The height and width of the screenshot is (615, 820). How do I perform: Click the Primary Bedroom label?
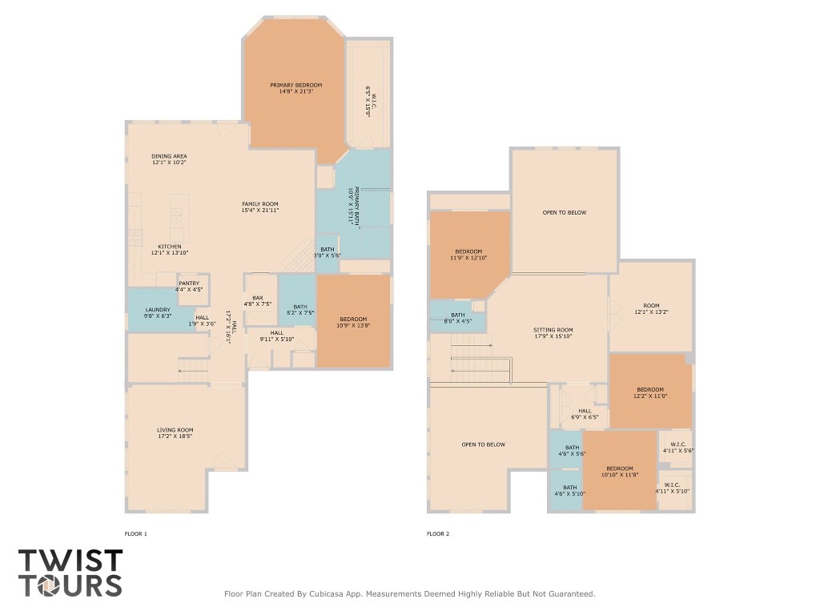coord(295,86)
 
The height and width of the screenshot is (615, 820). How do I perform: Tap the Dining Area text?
coord(169,156)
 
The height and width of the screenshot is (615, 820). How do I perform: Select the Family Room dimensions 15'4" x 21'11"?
coord(260,211)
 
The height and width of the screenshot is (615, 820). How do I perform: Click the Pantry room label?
coord(189,283)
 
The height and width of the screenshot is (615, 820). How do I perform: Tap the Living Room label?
coord(175,430)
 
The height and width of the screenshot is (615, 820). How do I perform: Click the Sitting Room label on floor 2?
coord(553,330)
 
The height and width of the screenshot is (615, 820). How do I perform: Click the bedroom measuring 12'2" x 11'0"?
coord(651,392)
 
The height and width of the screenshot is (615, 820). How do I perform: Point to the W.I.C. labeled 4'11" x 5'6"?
coord(677,448)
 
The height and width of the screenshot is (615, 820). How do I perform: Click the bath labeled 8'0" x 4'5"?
coord(457,318)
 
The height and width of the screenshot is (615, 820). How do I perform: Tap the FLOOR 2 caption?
coord(438,533)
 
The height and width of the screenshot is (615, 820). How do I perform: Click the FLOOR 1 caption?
coord(136,533)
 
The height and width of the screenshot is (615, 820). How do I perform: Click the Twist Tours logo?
coord(70,573)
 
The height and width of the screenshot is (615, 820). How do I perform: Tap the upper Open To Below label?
coord(564,212)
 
